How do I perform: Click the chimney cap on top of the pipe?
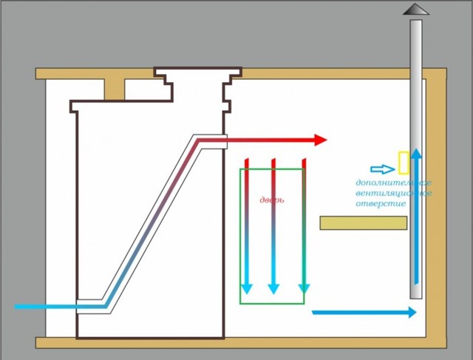point(415,10)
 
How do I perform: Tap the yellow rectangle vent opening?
point(404,163)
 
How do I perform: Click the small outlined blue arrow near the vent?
point(383,169)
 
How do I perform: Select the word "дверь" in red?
point(272,200)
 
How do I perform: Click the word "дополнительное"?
point(392,183)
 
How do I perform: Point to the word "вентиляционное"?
point(392,193)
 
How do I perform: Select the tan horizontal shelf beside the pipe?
point(363,223)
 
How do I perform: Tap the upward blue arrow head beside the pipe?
point(416,154)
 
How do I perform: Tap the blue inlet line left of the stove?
point(44,306)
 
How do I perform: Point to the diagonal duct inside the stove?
point(151,222)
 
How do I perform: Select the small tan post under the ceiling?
point(114,89)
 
